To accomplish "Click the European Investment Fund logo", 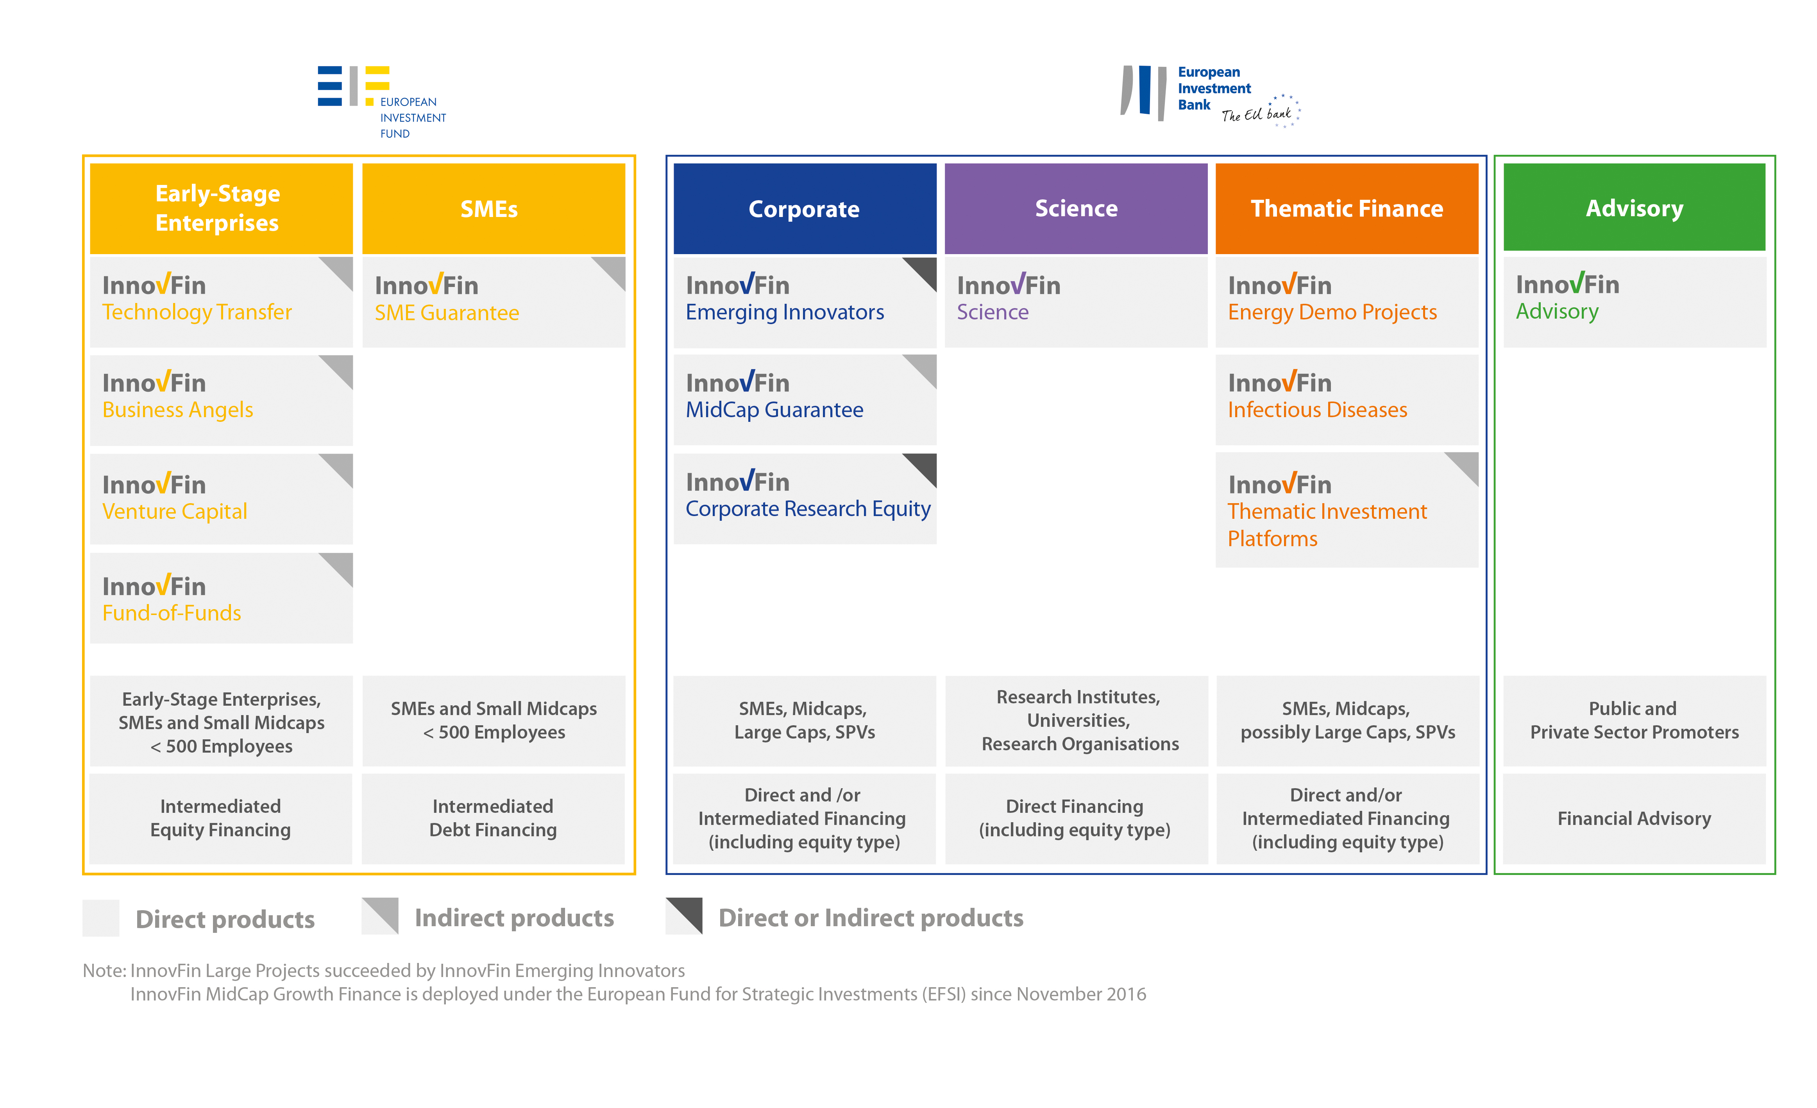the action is [381, 102].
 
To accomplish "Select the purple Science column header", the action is [1076, 209].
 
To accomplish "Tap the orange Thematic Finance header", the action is [1347, 209].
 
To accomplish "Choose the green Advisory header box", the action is [1634, 207].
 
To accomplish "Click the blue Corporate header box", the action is [805, 209].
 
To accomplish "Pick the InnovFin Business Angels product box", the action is [221, 400].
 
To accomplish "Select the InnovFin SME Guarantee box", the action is [494, 302].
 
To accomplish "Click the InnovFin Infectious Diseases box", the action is [1347, 400].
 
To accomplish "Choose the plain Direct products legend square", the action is [101, 918].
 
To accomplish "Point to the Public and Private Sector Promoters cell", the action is [1634, 721].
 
